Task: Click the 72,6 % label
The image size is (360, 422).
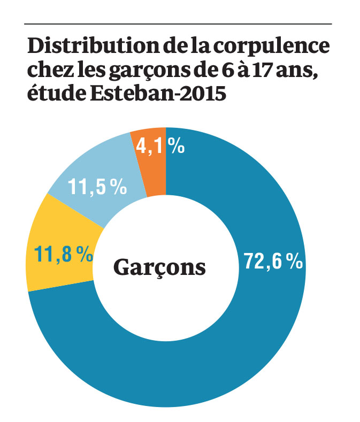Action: click(x=273, y=262)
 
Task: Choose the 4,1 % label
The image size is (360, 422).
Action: click(x=159, y=146)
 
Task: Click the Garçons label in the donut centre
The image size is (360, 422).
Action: click(x=159, y=267)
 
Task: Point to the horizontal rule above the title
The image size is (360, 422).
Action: click(x=178, y=24)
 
